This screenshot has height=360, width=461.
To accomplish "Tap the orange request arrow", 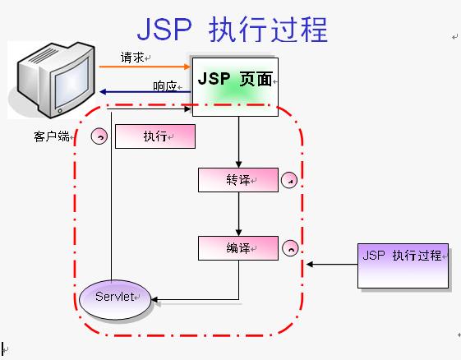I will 144,67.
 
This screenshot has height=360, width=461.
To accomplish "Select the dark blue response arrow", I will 144,92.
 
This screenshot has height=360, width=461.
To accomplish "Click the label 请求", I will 132,58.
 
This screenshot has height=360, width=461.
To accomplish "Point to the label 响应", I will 164,85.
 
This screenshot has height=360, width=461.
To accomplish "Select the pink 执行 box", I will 155,136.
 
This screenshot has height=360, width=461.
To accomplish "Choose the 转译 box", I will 238,179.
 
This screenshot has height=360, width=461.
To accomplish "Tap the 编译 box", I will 238,247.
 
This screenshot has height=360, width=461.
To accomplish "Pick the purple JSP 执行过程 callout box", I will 403,265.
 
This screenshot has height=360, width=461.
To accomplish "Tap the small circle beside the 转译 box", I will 289,179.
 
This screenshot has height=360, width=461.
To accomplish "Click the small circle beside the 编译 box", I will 289,247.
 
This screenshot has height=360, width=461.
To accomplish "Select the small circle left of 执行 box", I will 99,136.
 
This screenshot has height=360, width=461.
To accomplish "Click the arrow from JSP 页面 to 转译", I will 238,140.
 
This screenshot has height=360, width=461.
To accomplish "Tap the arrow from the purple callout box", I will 333,265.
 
